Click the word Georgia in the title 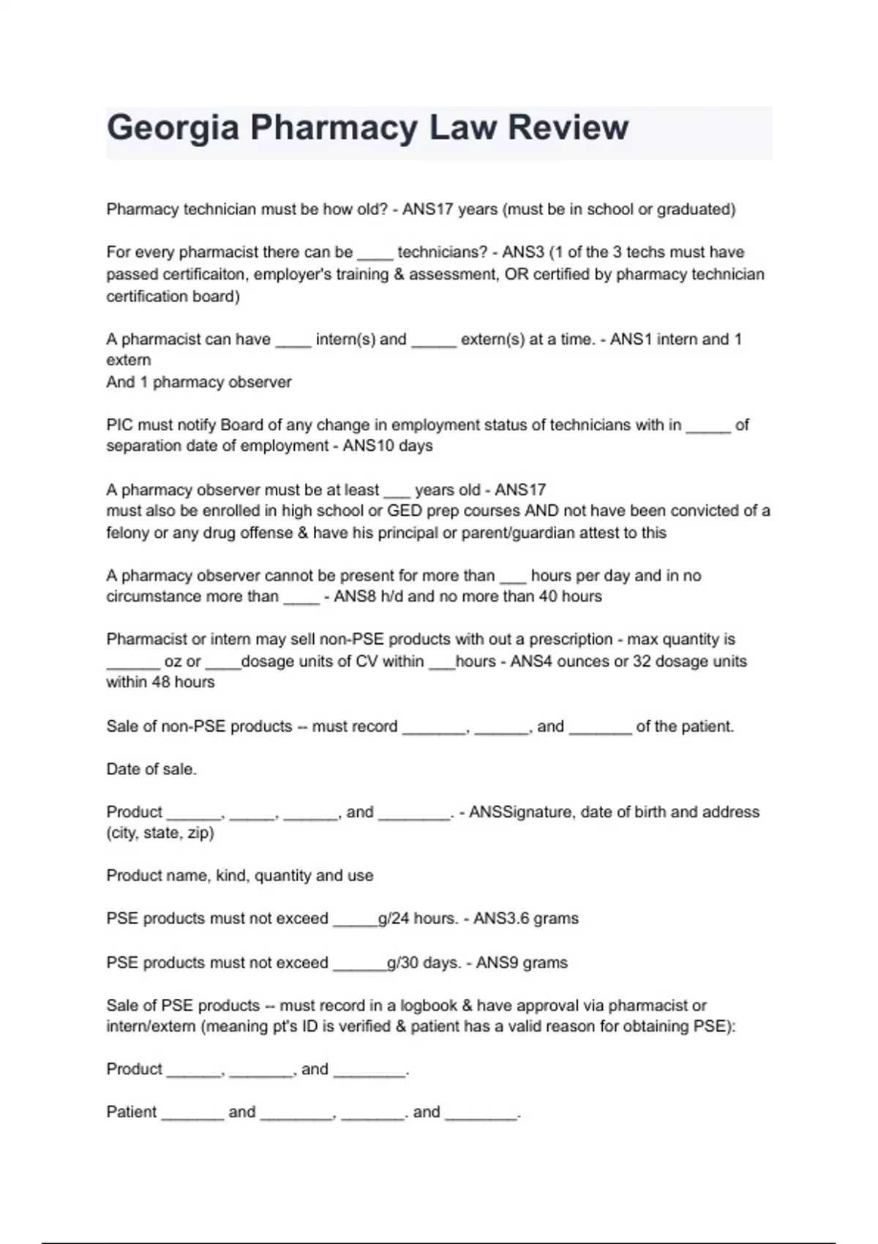[x=173, y=128]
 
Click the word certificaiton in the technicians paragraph [x=203, y=274]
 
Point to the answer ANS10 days [x=387, y=446]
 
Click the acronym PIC [x=120, y=424]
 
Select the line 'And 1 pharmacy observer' [x=198, y=382]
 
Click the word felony [x=127, y=533]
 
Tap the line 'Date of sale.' [x=151, y=769]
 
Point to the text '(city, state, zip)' [x=160, y=833]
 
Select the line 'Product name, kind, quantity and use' [x=239, y=875]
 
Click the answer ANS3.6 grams [x=525, y=918]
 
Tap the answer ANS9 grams [x=521, y=962]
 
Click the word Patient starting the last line [x=132, y=1112]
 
